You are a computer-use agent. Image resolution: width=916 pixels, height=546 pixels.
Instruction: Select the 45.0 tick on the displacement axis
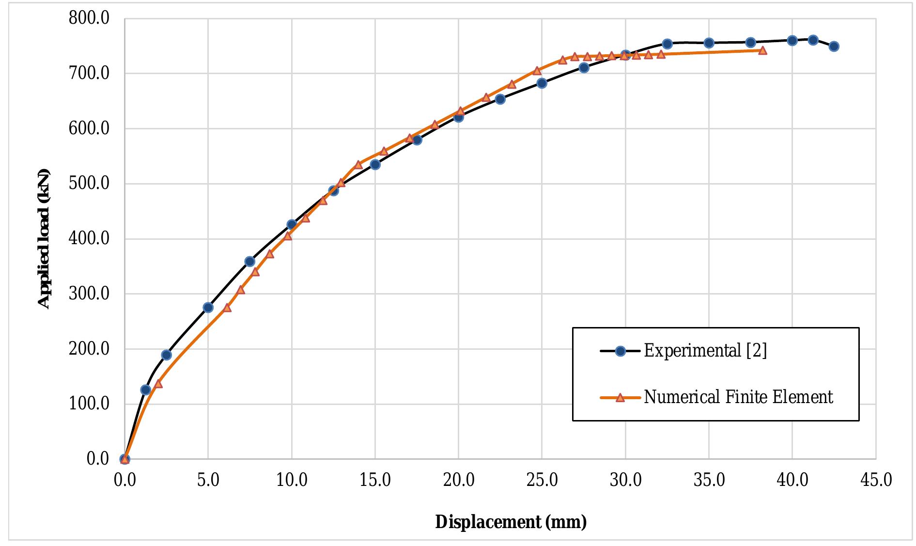click(876, 481)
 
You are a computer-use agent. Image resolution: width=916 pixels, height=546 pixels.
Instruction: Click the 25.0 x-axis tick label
click(542, 481)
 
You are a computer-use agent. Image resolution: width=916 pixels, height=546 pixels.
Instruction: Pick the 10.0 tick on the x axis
click(292, 481)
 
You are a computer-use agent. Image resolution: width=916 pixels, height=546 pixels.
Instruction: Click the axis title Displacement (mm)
click(511, 522)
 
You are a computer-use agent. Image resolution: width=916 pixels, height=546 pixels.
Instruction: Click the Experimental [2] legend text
click(705, 350)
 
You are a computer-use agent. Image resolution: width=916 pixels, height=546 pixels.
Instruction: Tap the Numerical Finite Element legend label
click(738, 397)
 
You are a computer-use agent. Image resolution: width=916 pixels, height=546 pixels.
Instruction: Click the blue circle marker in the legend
click(620, 351)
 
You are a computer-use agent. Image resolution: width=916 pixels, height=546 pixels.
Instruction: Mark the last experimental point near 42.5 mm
click(834, 47)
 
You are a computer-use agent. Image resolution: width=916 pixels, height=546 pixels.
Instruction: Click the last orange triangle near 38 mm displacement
click(762, 50)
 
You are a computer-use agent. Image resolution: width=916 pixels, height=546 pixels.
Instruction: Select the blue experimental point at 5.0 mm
click(208, 307)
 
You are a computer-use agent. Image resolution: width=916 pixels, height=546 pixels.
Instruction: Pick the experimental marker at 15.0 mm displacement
click(375, 164)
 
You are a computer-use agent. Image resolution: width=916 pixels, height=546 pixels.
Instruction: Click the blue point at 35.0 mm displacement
click(709, 43)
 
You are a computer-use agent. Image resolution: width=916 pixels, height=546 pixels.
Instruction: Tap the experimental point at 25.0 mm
click(542, 83)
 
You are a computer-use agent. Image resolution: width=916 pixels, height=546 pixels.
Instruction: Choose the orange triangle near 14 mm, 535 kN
click(358, 165)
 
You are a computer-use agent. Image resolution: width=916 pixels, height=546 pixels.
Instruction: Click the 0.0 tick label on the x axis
click(124, 481)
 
